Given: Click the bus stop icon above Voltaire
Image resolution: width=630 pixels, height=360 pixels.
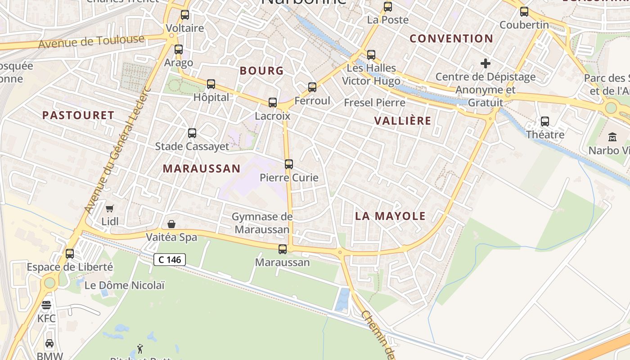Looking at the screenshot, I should pyautogui.click(x=185, y=15).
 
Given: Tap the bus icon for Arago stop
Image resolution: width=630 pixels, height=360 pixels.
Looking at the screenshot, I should pyautogui.click(x=179, y=49).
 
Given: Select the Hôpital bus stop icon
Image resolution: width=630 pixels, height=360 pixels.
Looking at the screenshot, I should pyautogui.click(x=211, y=84).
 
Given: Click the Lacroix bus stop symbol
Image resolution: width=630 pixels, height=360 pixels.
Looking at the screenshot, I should pyautogui.click(x=273, y=103).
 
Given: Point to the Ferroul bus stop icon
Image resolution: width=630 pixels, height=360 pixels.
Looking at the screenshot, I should pyautogui.click(x=312, y=87).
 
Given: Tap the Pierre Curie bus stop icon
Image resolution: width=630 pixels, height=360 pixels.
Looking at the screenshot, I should pyautogui.click(x=289, y=164).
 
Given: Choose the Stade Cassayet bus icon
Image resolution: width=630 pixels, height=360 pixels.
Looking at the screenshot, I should pyautogui.click(x=192, y=133).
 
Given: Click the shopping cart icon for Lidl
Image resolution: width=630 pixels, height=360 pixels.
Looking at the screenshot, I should pyautogui.click(x=110, y=208).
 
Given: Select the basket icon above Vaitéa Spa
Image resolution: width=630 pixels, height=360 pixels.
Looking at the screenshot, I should pyautogui.click(x=171, y=224).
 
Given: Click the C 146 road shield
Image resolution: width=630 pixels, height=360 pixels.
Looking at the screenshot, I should pyautogui.click(x=170, y=260).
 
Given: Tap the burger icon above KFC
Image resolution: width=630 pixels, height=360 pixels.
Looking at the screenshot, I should pyautogui.click(x=46, y=305).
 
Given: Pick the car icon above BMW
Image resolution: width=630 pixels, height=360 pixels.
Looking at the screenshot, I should pyautogui.click(x=49, y=343).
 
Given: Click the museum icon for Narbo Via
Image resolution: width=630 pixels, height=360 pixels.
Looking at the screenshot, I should pyautogui.click(x=612, y=137).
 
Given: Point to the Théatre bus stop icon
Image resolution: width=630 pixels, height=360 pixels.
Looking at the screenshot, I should pyautogui.click(x=545, y=121).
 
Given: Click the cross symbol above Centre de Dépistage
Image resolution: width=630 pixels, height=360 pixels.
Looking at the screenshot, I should pyautogui.click(x=486, y=63).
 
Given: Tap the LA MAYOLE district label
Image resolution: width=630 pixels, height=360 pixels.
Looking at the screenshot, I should pyautogui.click(x=390, y=216).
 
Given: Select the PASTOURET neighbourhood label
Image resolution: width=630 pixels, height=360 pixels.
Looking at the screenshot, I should pyautogui.click(x=78, y=115).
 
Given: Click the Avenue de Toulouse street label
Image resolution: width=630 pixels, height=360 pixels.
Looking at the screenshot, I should pyautogui.click(x=91, y=42).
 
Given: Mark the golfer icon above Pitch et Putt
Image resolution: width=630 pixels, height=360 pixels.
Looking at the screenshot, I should pyautogui.click(x=140, y=348).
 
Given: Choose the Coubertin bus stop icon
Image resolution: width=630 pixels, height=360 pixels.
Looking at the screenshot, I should pyautogui.click(x=524, y=12).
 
